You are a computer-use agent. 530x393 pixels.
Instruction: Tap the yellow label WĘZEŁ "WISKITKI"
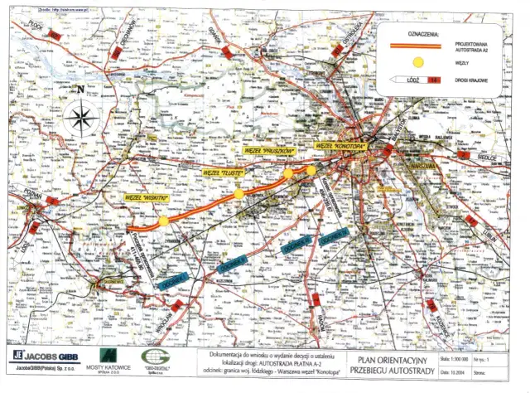click(x=147, y=199)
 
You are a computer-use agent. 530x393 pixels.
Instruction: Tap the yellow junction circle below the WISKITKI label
click(x=164, y=221)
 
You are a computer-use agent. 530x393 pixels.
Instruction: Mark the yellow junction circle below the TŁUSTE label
click(x=238, y=194)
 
